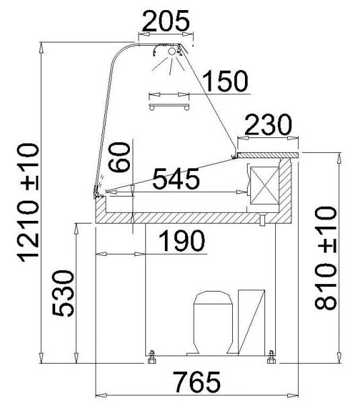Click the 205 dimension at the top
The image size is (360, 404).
(166, 21)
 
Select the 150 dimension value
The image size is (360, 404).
(225, 81)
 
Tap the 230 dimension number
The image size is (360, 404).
(268, 125)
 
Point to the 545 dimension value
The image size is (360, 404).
(176, 178)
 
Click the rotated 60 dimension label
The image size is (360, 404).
(119, 157)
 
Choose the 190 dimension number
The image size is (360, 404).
(182, 241)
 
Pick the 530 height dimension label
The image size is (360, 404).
(63, 293)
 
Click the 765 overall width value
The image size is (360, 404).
(197, 382)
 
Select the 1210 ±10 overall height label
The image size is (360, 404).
(28, 203)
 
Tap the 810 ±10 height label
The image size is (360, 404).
(326, 258)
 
